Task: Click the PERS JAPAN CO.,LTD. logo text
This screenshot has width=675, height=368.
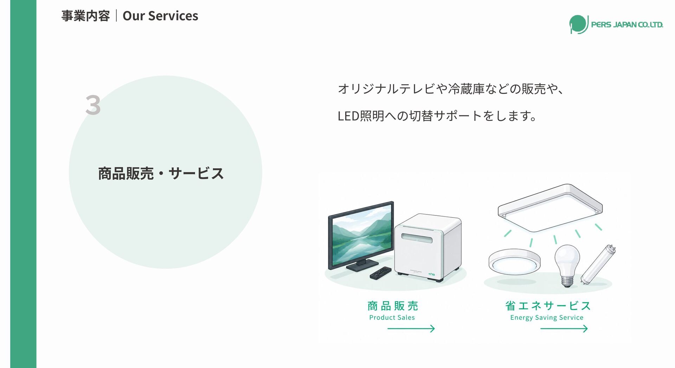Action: (627, 25)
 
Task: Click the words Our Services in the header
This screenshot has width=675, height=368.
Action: (160, 16)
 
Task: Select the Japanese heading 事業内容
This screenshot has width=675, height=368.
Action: (85, 16)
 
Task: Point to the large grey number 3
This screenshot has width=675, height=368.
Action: (93, 105)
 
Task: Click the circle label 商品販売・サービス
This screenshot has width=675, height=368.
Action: (161, 173)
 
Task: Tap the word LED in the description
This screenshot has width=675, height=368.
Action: (348, 116)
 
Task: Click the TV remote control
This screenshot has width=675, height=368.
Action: (380, 273)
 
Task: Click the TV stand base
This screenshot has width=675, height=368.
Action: (362, 266)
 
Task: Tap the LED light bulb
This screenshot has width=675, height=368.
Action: (567, 265)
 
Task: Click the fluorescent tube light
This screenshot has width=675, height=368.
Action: (598, 264)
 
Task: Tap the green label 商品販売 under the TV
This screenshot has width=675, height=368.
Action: (393, 306)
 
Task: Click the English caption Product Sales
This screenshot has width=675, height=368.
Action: (392, 317)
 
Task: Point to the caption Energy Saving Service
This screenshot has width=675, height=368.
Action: (547, 318)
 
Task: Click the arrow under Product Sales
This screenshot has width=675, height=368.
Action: (411, 329)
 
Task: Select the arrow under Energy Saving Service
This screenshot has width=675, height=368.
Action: (564, 329)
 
